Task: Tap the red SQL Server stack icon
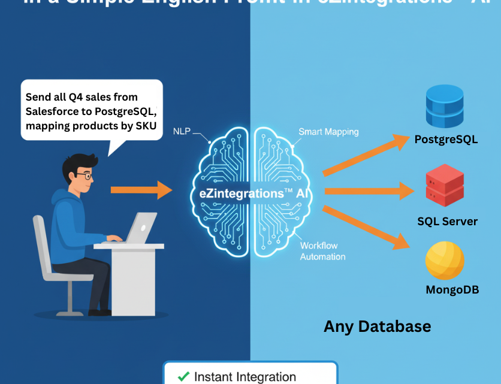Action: click(x=445, y=186)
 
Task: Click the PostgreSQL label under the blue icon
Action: click(x=446, y=140)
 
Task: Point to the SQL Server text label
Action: click(x=448, y=221)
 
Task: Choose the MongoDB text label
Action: click(x=452, y=290)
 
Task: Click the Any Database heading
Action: click(x=377, y=326)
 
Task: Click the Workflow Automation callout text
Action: click(x=322, y=251)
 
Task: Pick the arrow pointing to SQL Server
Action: click(x=368, y=191)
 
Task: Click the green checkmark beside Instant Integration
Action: click(x=183, y=377)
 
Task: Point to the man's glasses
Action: click(x=84, y=177)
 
